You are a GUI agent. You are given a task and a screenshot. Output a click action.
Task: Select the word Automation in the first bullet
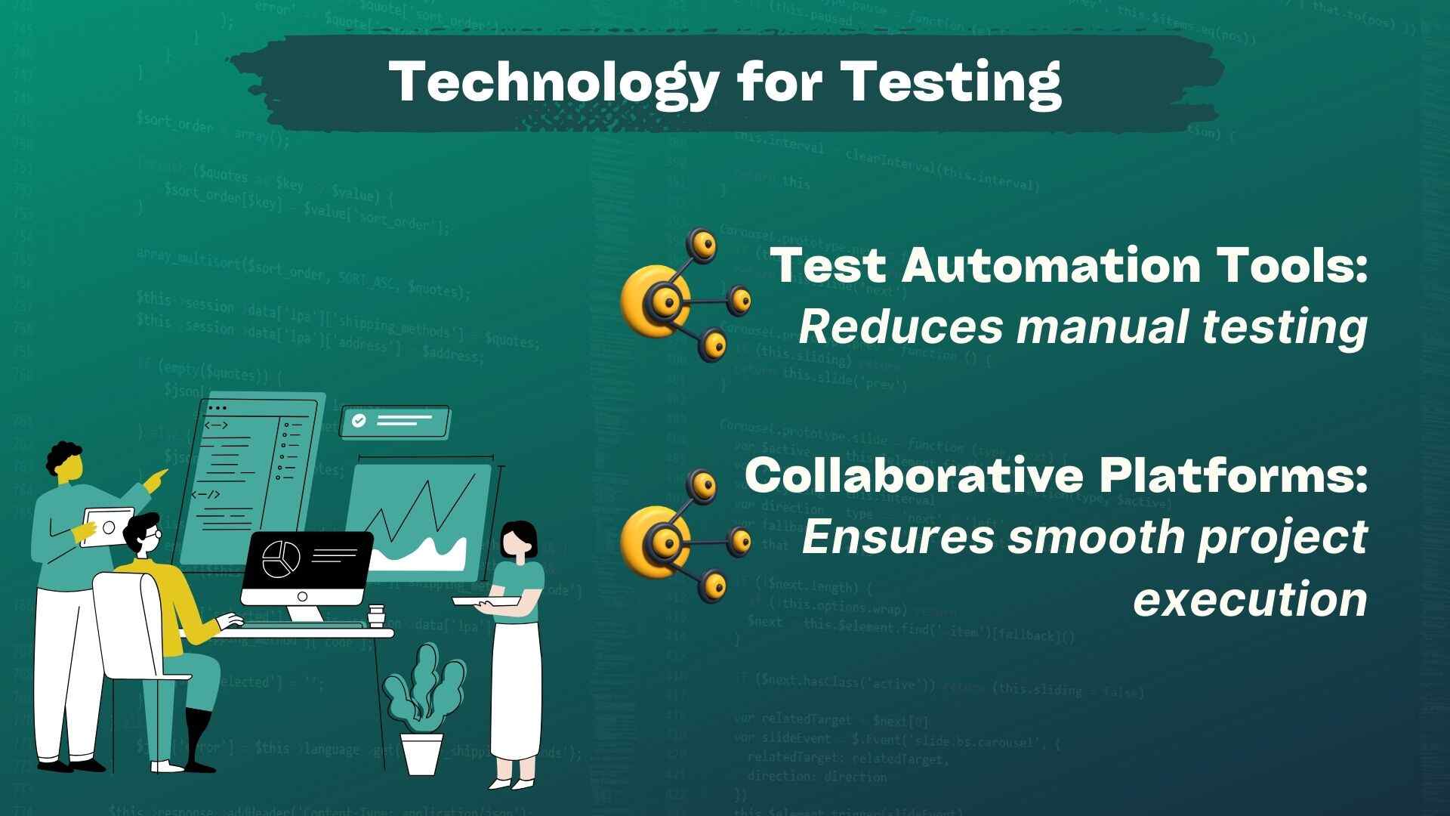pos(1050,265)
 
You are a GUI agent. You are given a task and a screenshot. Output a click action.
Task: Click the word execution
pos(1250,598)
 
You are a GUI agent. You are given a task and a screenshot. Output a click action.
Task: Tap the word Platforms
pos(1233,475)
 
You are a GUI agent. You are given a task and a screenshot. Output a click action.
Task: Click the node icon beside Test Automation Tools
pos(684,297)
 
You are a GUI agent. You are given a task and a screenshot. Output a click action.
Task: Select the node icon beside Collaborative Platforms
pos(684,536)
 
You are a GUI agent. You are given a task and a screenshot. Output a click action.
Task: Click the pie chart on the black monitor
pos(281,558)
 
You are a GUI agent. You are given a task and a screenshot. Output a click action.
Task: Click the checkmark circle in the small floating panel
pos(359,421)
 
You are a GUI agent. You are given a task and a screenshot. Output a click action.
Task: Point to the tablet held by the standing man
pos(107,526)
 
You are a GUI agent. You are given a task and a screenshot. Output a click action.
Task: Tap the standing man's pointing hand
pos(159,479)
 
